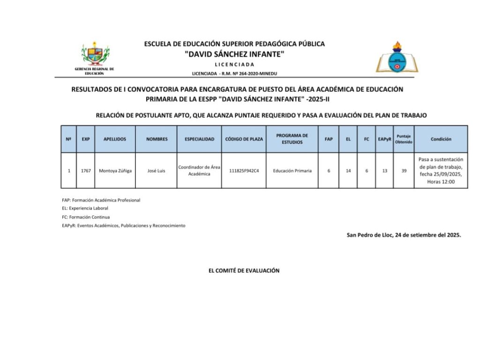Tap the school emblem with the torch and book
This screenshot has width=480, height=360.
[x=397, y=57]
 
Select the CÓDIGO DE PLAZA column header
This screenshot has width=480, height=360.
[x=244, y=139]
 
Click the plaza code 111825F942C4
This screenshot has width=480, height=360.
[x=244, y=171]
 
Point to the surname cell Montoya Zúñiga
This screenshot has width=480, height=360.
[x=115, y=171]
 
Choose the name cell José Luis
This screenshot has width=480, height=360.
[x=156, y=171]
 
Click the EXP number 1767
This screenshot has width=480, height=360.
[x=86, y=171]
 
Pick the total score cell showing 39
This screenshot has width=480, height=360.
[x=404, y=171]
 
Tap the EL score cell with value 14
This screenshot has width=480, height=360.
[x=348, y=171]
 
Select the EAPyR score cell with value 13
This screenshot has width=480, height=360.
[x=384, y=171]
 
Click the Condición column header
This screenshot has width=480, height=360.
[x=441, y=139]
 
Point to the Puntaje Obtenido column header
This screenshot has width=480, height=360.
[x=404, y=139]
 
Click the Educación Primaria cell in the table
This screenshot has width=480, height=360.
[x=292, y=171]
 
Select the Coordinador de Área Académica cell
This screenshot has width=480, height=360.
[x=199, y=171]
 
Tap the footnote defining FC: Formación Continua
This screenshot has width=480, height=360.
[x=86, y=217]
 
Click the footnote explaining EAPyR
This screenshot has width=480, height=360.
[x=123, y=225]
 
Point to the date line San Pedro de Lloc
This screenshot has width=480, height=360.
[x=404, y=235]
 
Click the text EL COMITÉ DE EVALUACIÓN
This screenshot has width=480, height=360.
[x=244, y=270]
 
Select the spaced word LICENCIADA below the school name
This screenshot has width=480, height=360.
[x=234, y=65]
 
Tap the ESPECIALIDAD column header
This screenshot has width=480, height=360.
[x=199, y=139]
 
